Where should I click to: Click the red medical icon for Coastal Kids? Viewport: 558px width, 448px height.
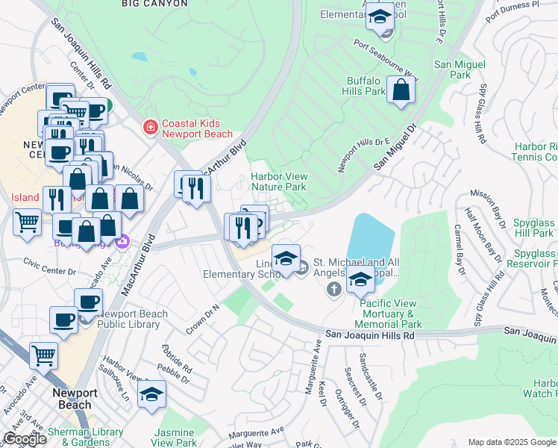(x=150, y=128)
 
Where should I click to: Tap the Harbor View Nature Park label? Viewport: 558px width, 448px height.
(x=278, y=181)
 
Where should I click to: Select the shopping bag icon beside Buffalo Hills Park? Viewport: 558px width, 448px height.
(x=401, y=91)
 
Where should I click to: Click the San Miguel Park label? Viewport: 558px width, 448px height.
(x=452, y=70)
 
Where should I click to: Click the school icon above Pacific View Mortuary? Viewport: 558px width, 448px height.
(x=361, y=281)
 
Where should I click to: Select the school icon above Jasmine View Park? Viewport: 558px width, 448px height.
(x=152, y=395)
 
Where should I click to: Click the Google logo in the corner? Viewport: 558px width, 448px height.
(x=25, y=439)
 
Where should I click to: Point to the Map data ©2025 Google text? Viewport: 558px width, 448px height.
(x=512, y=442)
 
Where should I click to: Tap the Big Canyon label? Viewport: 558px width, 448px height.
(x=155, y=4)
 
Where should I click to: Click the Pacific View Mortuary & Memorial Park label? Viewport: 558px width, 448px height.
(x=390, y=314)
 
